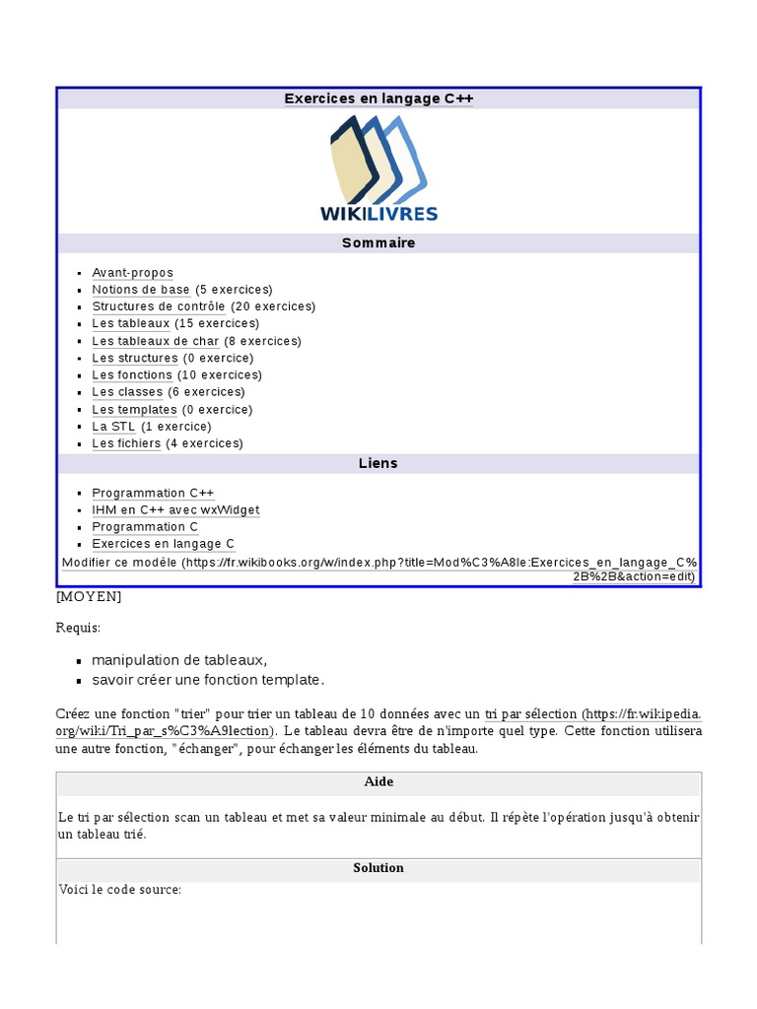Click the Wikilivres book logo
[x=378, y=168]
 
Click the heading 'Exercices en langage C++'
[x=378, y=99]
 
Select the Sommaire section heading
[x=378, y=243]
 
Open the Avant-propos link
[x=132, y=273]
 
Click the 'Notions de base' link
[x=141, y=290]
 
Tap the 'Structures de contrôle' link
[x=159, y=306]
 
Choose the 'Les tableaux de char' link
[x=156, y=341]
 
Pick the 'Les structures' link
[x=135, y=358]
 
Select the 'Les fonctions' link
[x=132, y=375]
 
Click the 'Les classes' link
[x=127, y=392]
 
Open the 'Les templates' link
[x=134, y=409]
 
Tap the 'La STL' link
[x=113, y=427]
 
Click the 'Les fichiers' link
[x=126, y=443]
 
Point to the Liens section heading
[x=378, y=463]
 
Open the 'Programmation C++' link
[x=153, y=493]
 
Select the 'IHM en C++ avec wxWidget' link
[x=175, y=509]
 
